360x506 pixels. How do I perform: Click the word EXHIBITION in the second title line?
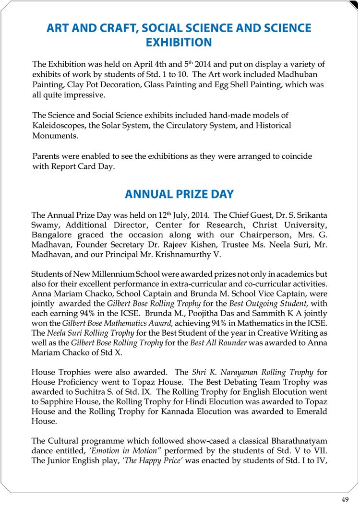[x=179, y=42]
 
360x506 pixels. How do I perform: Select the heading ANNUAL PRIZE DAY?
[x=179, y=194]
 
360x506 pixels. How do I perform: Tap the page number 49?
[x=345, y=499]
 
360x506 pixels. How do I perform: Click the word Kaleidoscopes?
[x=56, y=125]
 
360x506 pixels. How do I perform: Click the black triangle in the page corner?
[x=354, y=5]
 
